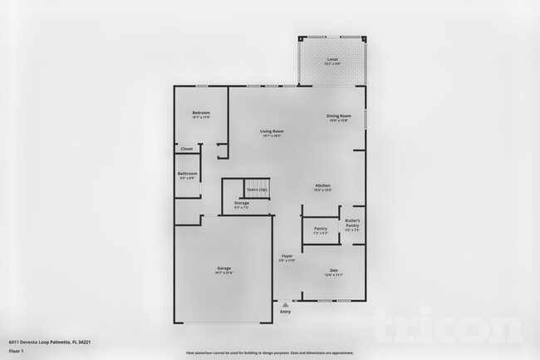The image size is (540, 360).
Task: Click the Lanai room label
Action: [x=332, y=59]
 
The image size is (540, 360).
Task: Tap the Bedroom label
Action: [x=201, y=112]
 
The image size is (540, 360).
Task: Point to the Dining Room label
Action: [x=339, y=116]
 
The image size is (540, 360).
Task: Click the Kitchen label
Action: [x=322, y=185]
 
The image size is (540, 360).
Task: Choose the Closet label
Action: [x=187, y=149]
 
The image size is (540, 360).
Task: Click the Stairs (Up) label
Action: [x=256, y=190]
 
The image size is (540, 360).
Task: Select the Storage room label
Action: [x=241, y=203]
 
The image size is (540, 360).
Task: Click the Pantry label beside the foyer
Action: [x=321, y=229]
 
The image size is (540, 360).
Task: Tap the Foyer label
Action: [x=287, y=255]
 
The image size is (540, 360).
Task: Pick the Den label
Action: [x=333, y=270]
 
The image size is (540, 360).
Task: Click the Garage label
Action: [x=224, y=268]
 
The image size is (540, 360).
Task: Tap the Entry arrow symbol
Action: [x=286, y=305]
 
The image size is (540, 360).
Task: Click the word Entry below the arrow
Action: [x=286, y=312]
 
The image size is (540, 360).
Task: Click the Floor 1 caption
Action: [x=17, y=351]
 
